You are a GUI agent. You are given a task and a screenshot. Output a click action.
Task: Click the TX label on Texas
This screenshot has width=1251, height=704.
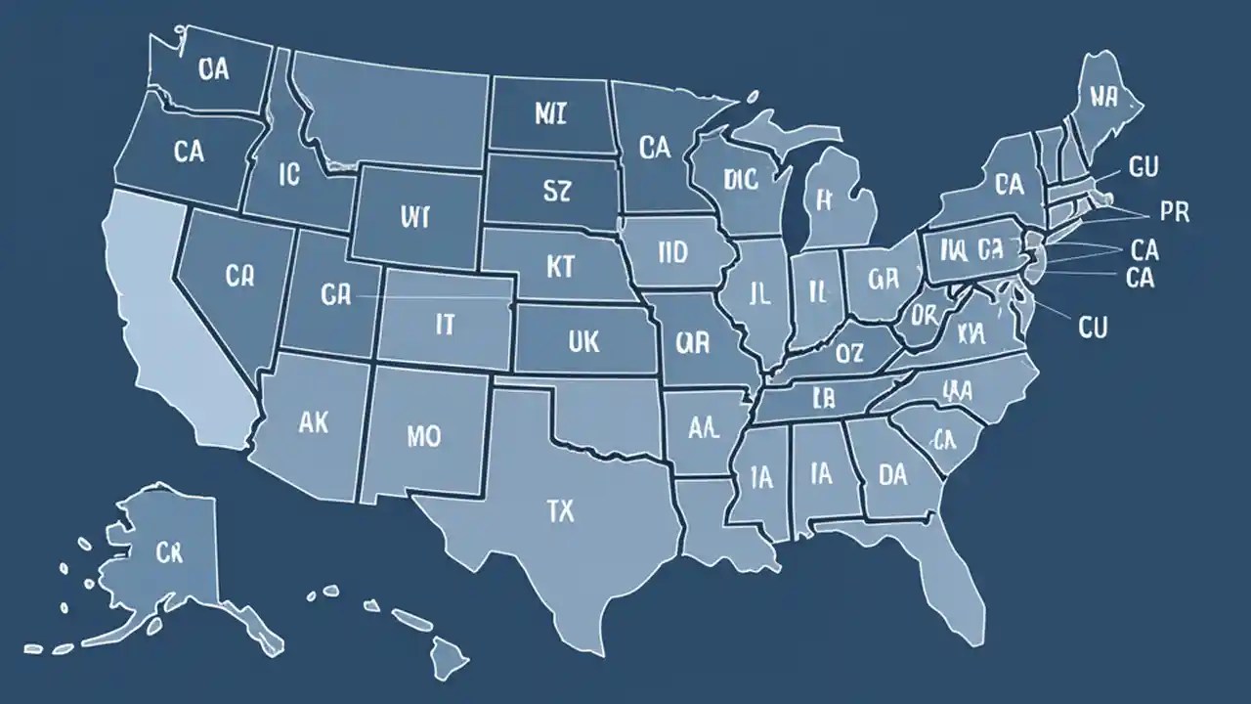(x=561, y=510)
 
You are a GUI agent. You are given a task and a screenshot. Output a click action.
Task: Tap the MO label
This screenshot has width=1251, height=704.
(x=423, y=436)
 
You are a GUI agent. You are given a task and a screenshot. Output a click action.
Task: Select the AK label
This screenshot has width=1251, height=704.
(x=313, y=423)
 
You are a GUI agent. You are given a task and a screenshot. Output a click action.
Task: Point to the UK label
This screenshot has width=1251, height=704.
(x=582, y=341)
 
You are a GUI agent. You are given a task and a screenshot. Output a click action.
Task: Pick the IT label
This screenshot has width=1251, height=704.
(x=444, y=325)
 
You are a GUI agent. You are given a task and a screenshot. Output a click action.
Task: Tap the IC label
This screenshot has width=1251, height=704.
(x=289, y=174)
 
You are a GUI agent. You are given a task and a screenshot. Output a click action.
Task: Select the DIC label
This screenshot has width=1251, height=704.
(x=742, y=179)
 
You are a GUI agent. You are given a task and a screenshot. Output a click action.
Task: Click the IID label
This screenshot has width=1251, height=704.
(x=673, y=254)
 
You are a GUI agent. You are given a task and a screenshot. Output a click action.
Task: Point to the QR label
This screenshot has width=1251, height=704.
(x=692, y=341)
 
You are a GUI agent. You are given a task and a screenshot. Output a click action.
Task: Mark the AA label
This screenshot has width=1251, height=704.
(x=705, y=426)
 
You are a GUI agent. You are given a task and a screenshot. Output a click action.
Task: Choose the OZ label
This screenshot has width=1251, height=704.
(x=849, y=352)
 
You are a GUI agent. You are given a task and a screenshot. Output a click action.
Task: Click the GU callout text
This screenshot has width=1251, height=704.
(x=1143, y=167)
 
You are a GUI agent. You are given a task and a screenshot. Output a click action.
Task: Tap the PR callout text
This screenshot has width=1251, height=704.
(x=1174, y=212)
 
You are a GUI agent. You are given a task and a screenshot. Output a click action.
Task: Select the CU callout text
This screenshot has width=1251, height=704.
(x=1093, y=328)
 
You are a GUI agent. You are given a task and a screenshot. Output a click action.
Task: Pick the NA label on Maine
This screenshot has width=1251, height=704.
(x=1103, y=96)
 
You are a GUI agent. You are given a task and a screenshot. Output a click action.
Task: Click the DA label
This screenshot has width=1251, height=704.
(x=892, y=475)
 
